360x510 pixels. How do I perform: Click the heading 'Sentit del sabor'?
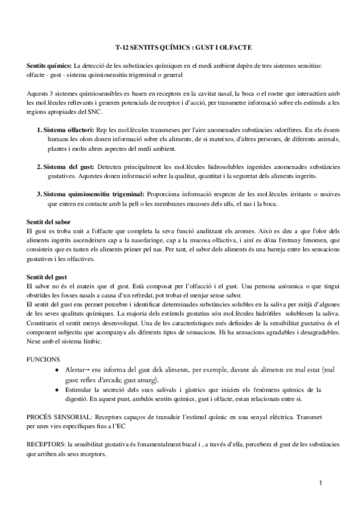click(49, 222)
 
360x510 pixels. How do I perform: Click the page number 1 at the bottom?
click(322, 483)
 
